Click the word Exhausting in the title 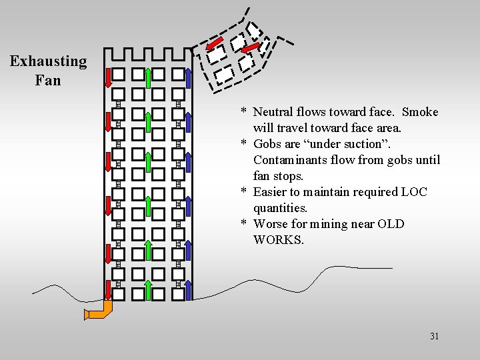pyautogui.click(x=48, y=61)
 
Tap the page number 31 pyautogui.click(x=435, y=336)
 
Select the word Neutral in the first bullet pyautogui.click(x=275, y=112)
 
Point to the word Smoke pyautogui.click(x=420, y=112)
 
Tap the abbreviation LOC pyautogui.click(x=413, y=192)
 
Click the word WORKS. pyautogui.click(x=279, y=240)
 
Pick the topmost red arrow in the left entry pyautogui.click(x=108, y=77)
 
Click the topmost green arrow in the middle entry pyautogui.click(x=148, y=77)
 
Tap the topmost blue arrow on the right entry pyautogui.click(x=189, y=77)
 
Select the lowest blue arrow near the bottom pyautogui.click(x=189, y=289)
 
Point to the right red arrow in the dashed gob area pyautogui.click(x=250, y=48)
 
